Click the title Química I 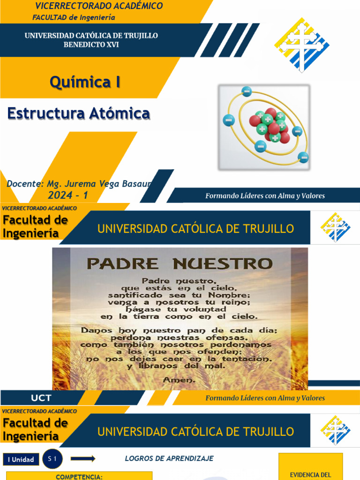(x=85, y=82)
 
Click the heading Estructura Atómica (x=79, y=113)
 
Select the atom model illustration (x=264, y=127)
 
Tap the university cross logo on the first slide (x=301, y=45)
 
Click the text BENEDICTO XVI (x=91, y=45)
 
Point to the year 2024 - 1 (x=67, y=195)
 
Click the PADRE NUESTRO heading (x=180, y=263)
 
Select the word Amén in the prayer (x=179, y=380)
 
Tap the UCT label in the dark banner (x=41, y=398)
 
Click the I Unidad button (x=21, y=459)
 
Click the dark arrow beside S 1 (x=83, y=459)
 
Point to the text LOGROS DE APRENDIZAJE (x=169, y=458)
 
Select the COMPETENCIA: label (x=79, y=477)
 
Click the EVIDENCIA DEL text (x=310, y=475)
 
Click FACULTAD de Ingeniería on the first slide (x=74, y=17)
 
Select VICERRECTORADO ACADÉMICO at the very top (x=99, y=6)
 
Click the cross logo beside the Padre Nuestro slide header (x=335, y=227)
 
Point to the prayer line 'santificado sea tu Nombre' (x=180, y=295)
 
